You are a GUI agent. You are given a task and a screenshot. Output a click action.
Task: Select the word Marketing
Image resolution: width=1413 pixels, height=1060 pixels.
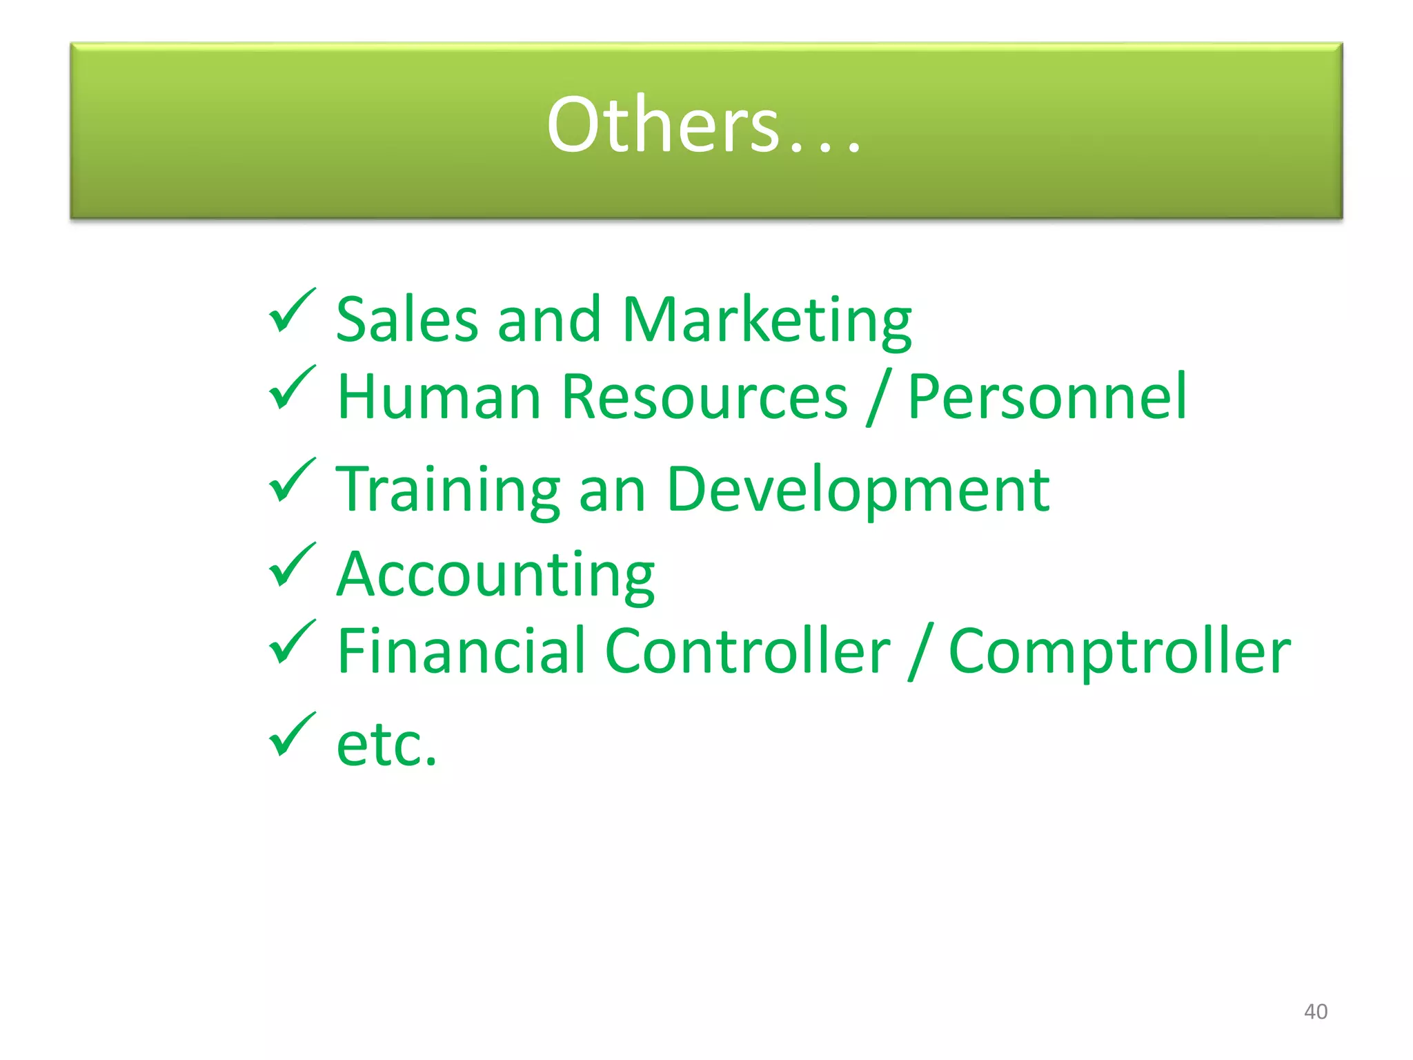click(766, 321)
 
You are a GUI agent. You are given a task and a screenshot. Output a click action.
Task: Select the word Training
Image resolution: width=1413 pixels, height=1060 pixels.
click(448, 490)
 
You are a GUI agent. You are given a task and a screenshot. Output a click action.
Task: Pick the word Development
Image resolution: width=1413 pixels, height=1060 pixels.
click(858, 490)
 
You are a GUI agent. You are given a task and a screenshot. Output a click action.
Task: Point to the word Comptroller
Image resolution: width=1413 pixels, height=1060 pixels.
click(1119, 652)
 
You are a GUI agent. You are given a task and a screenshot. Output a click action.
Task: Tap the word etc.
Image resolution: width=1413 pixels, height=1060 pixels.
click(386, 745)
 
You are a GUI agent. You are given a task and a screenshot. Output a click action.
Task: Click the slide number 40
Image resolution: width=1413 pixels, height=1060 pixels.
click(1315, 1012)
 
